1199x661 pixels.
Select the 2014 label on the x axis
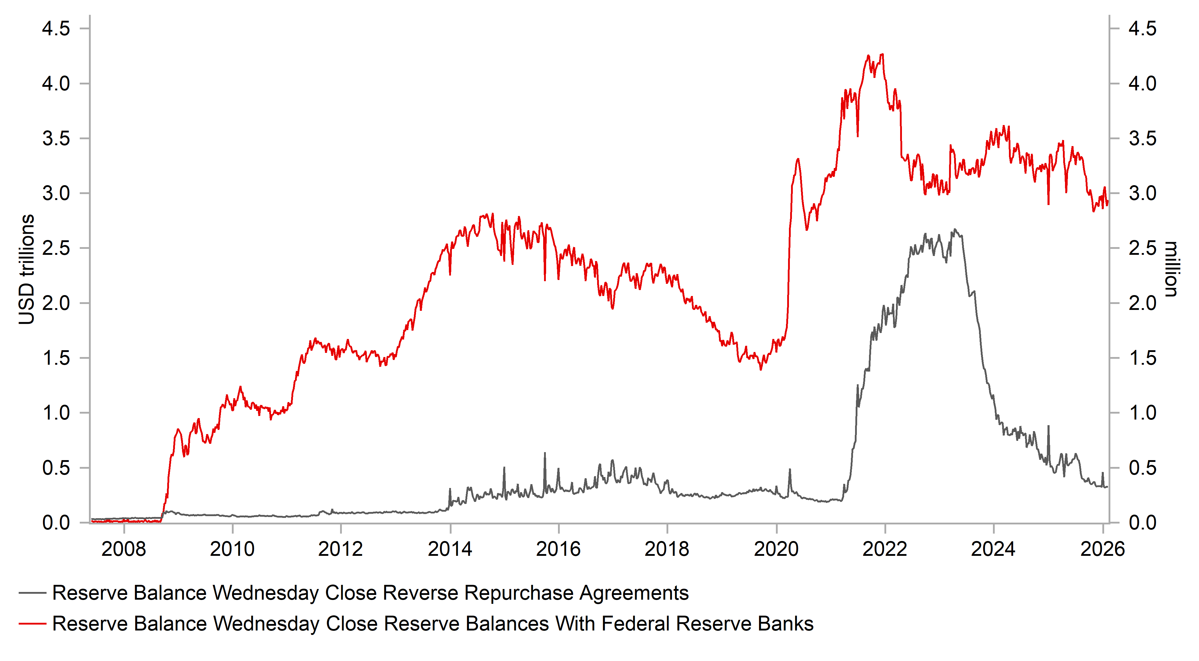click(x=449, y=549)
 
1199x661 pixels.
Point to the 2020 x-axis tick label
click(x=776, y=549)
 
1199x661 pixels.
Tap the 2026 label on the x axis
click(x=1102, y=549)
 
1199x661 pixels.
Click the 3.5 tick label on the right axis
click(x=1142, y=139)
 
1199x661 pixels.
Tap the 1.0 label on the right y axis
click(x=1142, y=413)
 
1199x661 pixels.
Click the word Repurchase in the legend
click(x=519, y=593)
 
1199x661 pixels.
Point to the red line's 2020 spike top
click(x=798, y=160)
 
